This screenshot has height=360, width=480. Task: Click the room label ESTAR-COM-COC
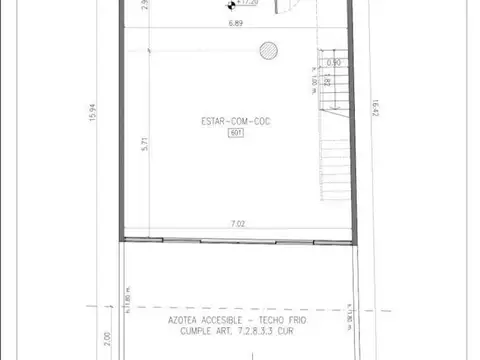[237, 121]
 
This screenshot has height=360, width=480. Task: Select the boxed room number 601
[237, 132]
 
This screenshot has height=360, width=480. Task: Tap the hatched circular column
[266, 48]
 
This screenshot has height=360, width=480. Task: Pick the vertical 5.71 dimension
[146, 144]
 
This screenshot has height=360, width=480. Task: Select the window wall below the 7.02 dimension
[239, 240]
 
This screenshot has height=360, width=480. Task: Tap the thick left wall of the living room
[123, 130]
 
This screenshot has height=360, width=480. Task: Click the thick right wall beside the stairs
[357, 130]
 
